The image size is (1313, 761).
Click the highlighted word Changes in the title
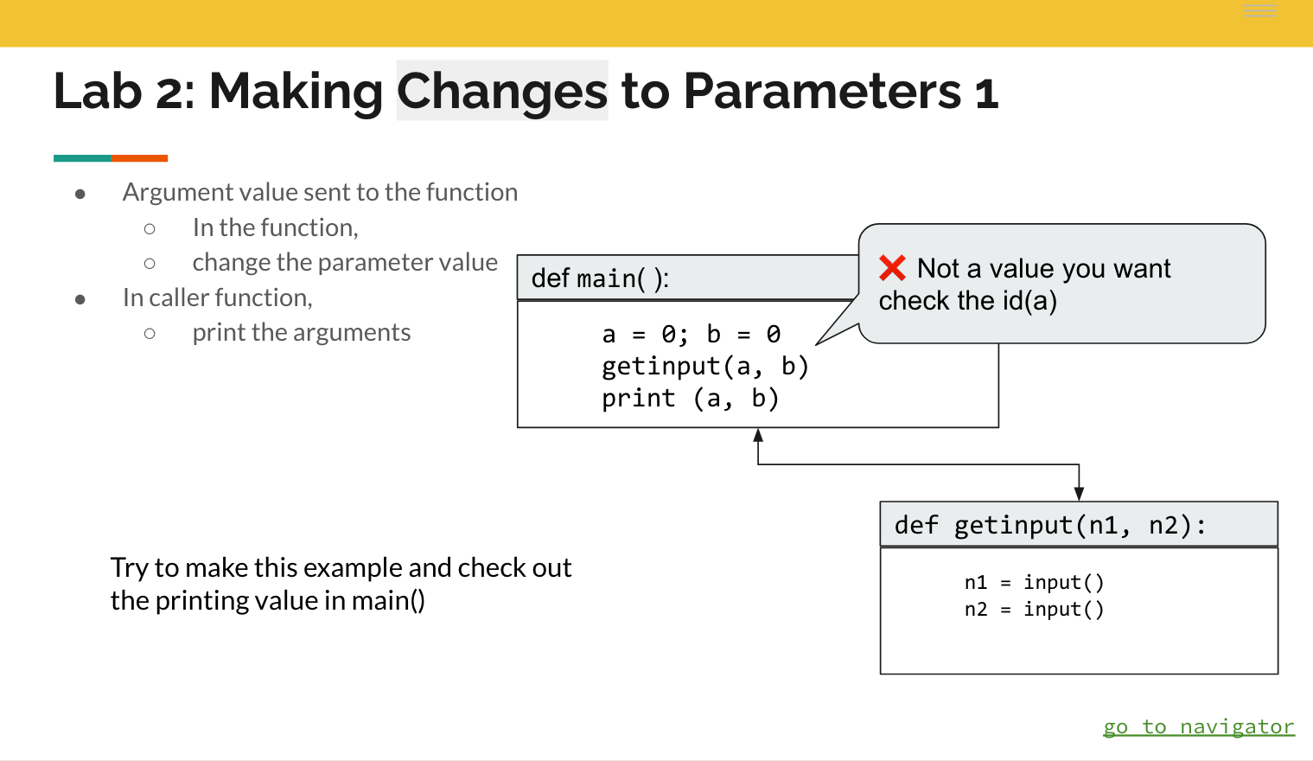(502, 92)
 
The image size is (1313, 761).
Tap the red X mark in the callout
(892, 268)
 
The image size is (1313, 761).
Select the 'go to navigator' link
(1199, 726)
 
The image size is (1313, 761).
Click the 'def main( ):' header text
(600, 278)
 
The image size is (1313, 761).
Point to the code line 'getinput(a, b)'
(705, 367)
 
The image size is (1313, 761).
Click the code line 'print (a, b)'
(691, 399)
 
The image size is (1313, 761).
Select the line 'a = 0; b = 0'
(692, 334)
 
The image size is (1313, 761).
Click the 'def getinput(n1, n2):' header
(1050, 525)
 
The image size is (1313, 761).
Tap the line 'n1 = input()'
(1035, 582)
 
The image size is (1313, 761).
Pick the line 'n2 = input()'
(1035, 609)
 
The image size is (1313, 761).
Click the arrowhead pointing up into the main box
(758, 435)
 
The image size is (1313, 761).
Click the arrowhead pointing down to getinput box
(1079, 494)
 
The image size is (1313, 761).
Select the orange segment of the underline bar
(139, 158)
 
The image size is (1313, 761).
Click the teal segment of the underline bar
(82, 158)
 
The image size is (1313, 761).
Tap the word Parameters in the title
(822, 92)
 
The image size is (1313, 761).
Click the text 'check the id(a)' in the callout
(968, 301)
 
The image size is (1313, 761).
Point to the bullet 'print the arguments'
(302, 332)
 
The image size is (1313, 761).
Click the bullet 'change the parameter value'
(345, 263)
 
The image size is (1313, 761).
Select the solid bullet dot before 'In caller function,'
(80, 299)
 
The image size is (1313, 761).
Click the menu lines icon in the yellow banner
(1259, 10)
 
